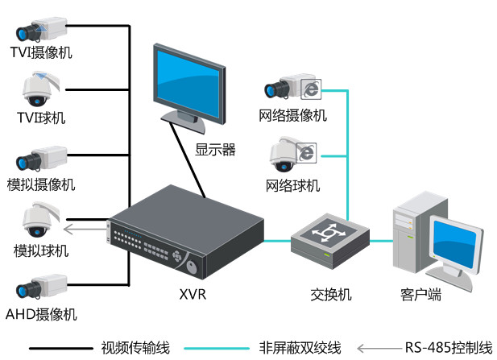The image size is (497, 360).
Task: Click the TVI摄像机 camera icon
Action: (x=40, y=31)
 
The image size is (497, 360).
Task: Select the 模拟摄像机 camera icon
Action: (x=40, y=156)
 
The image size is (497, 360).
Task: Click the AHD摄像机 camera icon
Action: (x=40, y=287)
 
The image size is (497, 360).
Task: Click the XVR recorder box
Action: (x=185, y=234)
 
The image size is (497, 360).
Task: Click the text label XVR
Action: (x=193, y=294)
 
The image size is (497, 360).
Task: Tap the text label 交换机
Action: (x=331, y=294)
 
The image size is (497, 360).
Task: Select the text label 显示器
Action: (x=215, y=149)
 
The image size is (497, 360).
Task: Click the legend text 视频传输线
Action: (x=135, y=348)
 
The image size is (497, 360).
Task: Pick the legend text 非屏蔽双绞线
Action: (x=300, y=348)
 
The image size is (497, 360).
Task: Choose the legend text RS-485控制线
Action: (x=448, y=348)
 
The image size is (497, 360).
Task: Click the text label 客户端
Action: (x=420, y=294)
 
